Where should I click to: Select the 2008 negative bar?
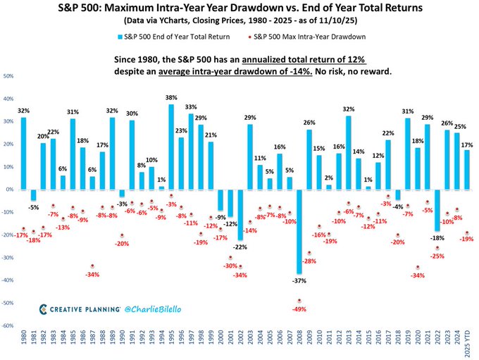(x=299, y=231)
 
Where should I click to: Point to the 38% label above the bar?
(x=171, y=98)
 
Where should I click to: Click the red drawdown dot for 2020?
(x=417, y=267)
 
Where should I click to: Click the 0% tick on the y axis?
(x=10, y=190)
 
